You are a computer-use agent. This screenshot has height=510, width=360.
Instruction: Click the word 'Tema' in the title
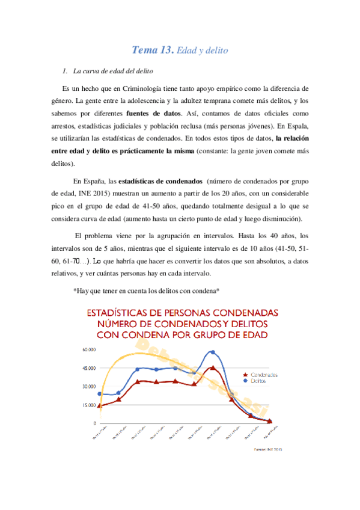coord(145,51)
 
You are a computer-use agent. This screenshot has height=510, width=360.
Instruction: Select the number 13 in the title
coord(167,51)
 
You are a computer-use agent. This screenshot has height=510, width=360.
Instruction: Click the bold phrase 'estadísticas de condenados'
coord(160,180)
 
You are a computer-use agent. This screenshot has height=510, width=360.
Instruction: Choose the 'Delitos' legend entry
coord(259,381)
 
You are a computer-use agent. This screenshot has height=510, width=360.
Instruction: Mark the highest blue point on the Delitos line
coord(212,352)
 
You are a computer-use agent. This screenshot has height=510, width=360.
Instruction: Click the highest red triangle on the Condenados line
coord(212,368)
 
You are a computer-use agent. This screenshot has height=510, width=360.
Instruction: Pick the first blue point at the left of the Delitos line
coord(100,394)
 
